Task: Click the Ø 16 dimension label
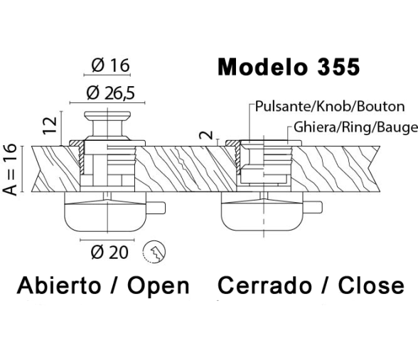point(110,65)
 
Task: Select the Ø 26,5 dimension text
point(111,93)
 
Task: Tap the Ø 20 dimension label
point(109,252)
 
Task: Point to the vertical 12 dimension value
point(50,125)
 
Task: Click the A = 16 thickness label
point(10,169)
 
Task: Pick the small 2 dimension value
point(207,135)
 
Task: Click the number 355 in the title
point(338,67)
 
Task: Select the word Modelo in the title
point(262,67)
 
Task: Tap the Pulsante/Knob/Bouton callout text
point(330,106)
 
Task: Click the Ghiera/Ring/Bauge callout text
point(355,127)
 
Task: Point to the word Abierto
point(59,285)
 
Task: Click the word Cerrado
point(264,285)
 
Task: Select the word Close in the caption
point(371,285)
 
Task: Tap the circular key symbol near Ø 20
point(154,252)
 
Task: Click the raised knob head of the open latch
point(107,115)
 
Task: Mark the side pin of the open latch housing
point(156,208)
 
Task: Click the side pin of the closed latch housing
point(313,207)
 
